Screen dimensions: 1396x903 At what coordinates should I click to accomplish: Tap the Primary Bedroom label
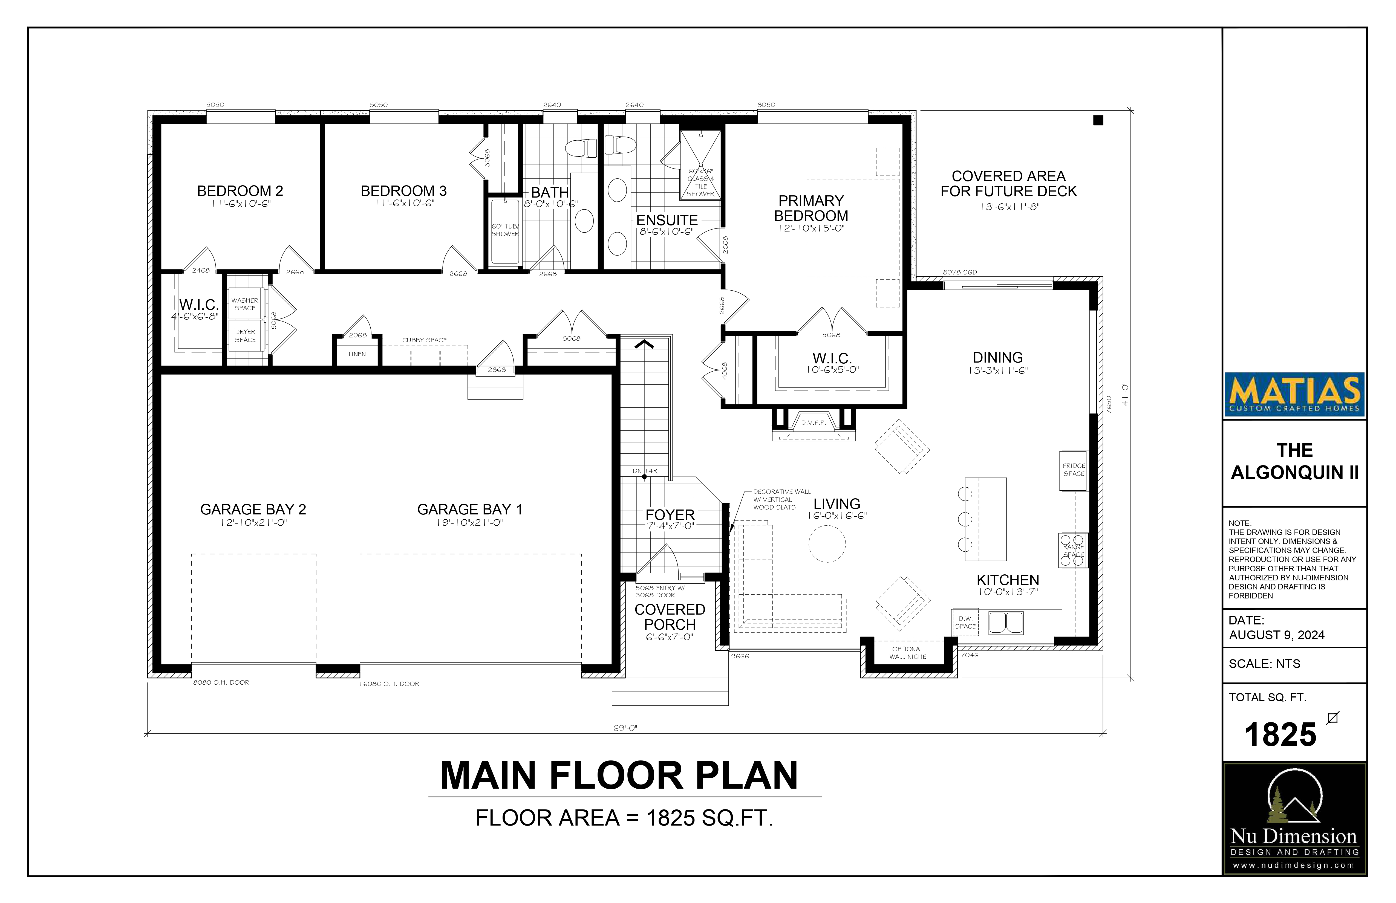pos(811,208)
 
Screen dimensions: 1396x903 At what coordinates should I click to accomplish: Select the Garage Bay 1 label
pos(470,510)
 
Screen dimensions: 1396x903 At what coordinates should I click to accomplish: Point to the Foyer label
pos(670,515)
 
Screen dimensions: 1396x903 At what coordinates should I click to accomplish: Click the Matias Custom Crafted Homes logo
pos(1294,395)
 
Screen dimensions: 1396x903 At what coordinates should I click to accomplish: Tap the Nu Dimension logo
pos(1294,819)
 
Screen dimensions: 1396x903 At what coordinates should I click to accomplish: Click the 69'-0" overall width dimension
pos(625,728)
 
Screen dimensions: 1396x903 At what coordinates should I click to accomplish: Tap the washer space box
pos(245,304)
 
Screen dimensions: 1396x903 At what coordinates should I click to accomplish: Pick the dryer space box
pos(245,335)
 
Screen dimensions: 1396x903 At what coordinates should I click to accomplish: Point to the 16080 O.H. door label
pos(390,684)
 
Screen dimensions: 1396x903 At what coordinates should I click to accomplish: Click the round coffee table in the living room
pos(827,543)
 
